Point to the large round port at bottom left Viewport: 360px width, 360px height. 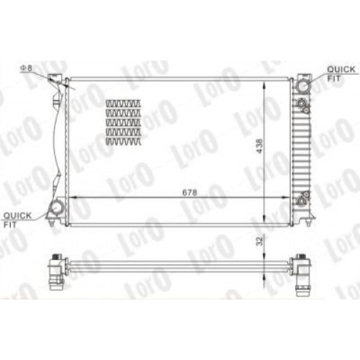point(55,209)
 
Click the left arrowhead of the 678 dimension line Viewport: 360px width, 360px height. point(69,197)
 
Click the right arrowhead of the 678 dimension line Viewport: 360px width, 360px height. point(290,197)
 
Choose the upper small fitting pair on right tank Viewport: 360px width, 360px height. point(305,106)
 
